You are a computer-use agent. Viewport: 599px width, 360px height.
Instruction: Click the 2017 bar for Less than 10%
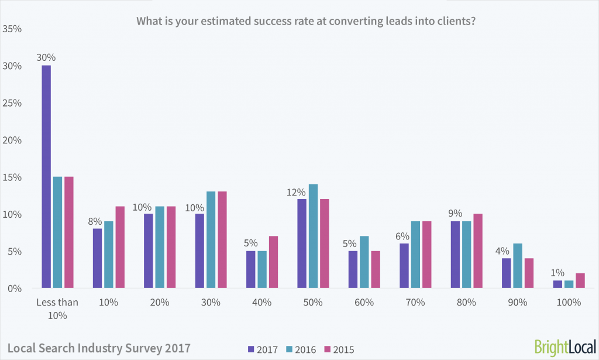[x=46, y=177]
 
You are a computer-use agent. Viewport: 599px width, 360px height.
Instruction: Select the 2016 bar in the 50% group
[x=313, y=236]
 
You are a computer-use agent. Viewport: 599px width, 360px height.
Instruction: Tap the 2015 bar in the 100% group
[x=580, y=281]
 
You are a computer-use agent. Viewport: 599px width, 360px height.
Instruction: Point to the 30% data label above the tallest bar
[x=46, y=58]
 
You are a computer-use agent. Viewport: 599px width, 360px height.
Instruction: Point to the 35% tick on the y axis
[x=12, y=28]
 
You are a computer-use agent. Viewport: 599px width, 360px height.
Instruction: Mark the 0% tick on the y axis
[x=15, y=289]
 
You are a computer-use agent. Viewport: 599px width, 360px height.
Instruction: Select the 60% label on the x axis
[x=364, y=303]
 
